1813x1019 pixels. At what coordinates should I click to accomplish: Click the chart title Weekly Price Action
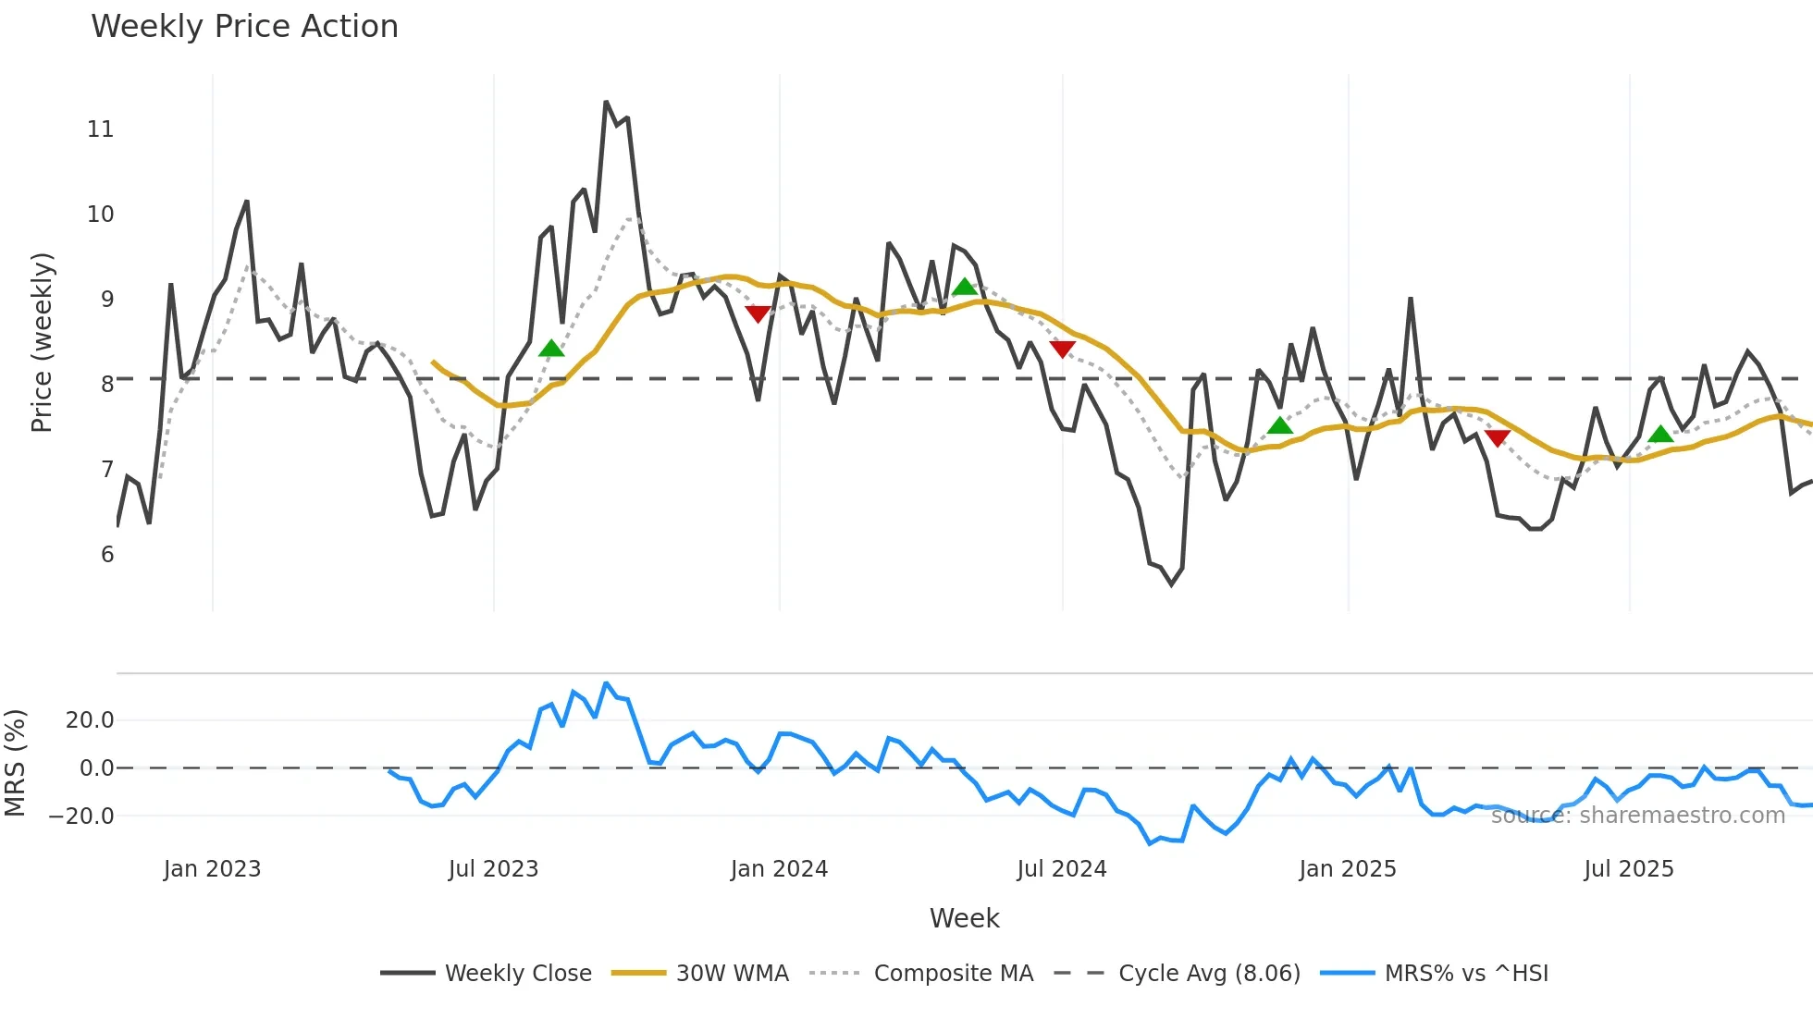244,26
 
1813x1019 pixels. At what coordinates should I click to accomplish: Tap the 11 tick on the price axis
100,129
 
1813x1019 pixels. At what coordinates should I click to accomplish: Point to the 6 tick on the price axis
107,555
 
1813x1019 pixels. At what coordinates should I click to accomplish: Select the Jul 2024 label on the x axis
1061,869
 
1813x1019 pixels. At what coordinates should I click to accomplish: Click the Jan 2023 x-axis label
212,869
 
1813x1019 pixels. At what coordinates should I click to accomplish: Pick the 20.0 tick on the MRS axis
90,720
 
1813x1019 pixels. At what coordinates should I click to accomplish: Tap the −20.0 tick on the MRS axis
81,816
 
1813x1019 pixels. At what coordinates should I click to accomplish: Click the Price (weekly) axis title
42,342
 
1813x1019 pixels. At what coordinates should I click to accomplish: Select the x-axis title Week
964,918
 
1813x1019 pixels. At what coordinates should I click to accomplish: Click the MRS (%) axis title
15,763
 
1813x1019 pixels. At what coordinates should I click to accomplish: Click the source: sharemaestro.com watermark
1637,816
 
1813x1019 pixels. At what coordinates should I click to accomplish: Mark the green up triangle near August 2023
551,349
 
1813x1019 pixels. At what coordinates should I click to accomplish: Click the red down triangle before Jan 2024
758,314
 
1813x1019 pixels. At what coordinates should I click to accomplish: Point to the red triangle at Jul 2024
1063,349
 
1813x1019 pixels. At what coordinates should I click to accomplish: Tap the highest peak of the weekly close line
606,102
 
